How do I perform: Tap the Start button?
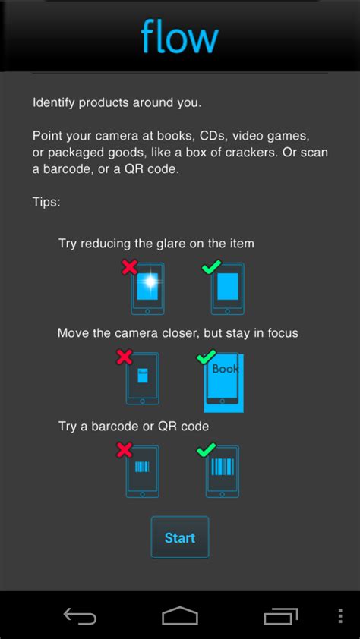click(180, 537)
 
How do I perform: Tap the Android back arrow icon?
click(80, 616)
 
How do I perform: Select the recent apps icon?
click(281, 616)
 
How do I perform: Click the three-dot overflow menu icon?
click(340, 616)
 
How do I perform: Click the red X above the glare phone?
click(129, 267)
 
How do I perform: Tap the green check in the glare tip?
click(212, 266)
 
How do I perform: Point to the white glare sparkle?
click(150, 280)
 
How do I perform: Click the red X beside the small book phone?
click(125, 357)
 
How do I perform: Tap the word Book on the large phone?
click(225, 370)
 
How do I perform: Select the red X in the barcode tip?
click(125, 450)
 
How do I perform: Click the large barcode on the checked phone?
click(223, 466)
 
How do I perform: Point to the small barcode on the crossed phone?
click(142, 467)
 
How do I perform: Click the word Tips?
click(46, 202)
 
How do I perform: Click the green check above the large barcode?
click(207, 449)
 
